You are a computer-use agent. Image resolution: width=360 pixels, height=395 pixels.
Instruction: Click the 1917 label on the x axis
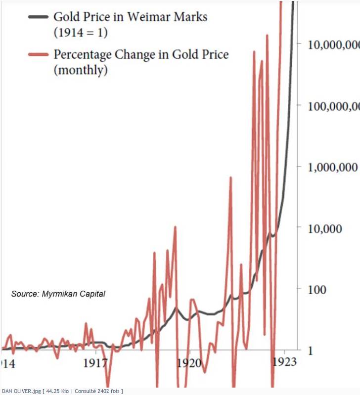coord(94,364)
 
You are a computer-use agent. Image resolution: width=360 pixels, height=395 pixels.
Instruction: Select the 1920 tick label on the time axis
coord(188,364)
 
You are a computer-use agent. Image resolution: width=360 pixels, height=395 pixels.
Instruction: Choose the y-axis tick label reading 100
coord(316,289)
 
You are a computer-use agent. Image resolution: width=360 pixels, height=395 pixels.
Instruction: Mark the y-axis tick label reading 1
coord(311,351)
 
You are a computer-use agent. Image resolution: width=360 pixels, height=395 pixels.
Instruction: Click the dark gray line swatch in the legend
coord(38,16)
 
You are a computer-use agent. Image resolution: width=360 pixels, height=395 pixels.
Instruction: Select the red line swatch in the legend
coord(38,54)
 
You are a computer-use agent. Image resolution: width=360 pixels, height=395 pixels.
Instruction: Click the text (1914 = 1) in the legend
coord(80,33)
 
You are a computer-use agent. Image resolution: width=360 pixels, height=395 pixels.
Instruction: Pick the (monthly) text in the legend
coord(80,70)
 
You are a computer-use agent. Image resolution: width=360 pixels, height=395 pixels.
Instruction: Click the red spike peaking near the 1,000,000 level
coord(230,178)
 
